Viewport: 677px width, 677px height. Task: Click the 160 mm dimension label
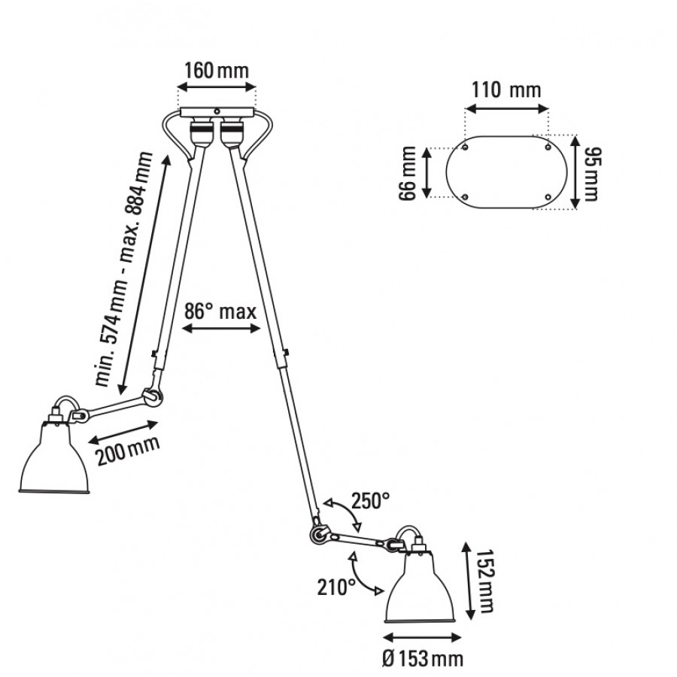point(217,71)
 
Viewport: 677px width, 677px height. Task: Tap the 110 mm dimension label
point(506,91)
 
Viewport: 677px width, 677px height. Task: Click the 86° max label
point(222,311)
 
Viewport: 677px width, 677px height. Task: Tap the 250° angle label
point(369,500)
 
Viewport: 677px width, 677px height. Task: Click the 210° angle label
point(335,587)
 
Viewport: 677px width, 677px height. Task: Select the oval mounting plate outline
point(506,172)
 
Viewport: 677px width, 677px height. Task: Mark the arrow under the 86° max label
point(223,329)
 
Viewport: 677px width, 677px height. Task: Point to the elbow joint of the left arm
point(152,395)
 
